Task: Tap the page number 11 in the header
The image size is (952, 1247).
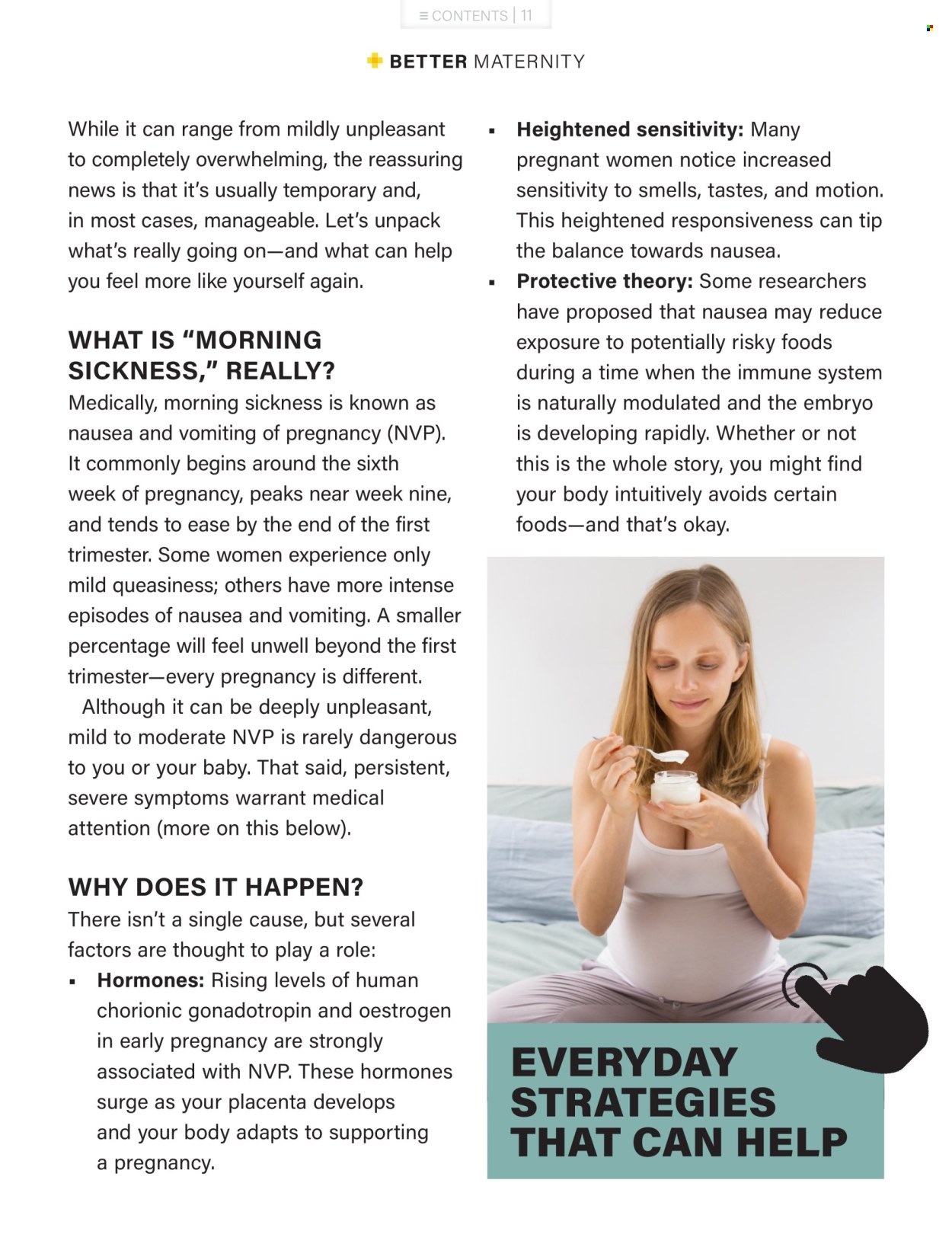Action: [x=526, y=15]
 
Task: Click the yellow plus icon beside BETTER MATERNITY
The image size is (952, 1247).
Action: [x=374, y=60]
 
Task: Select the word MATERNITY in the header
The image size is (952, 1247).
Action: [x=529, y=62]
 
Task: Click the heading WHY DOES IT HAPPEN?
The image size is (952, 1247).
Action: [x=216, y=887]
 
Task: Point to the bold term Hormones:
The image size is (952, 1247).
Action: [x=150, y=980]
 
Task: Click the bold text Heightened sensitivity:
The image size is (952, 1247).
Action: [x=630, y=129]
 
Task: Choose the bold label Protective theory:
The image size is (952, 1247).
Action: [x=604, y=281]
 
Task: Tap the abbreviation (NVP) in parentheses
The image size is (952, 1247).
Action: [x=416, y=433]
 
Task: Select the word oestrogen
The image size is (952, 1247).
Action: [x=405, y=1011]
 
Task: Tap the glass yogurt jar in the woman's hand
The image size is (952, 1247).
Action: [x=675, y=788]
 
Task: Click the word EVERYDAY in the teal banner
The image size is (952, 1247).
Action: [x=624, y=1063]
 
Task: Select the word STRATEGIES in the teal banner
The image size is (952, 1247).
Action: [x=643, y=1102]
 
